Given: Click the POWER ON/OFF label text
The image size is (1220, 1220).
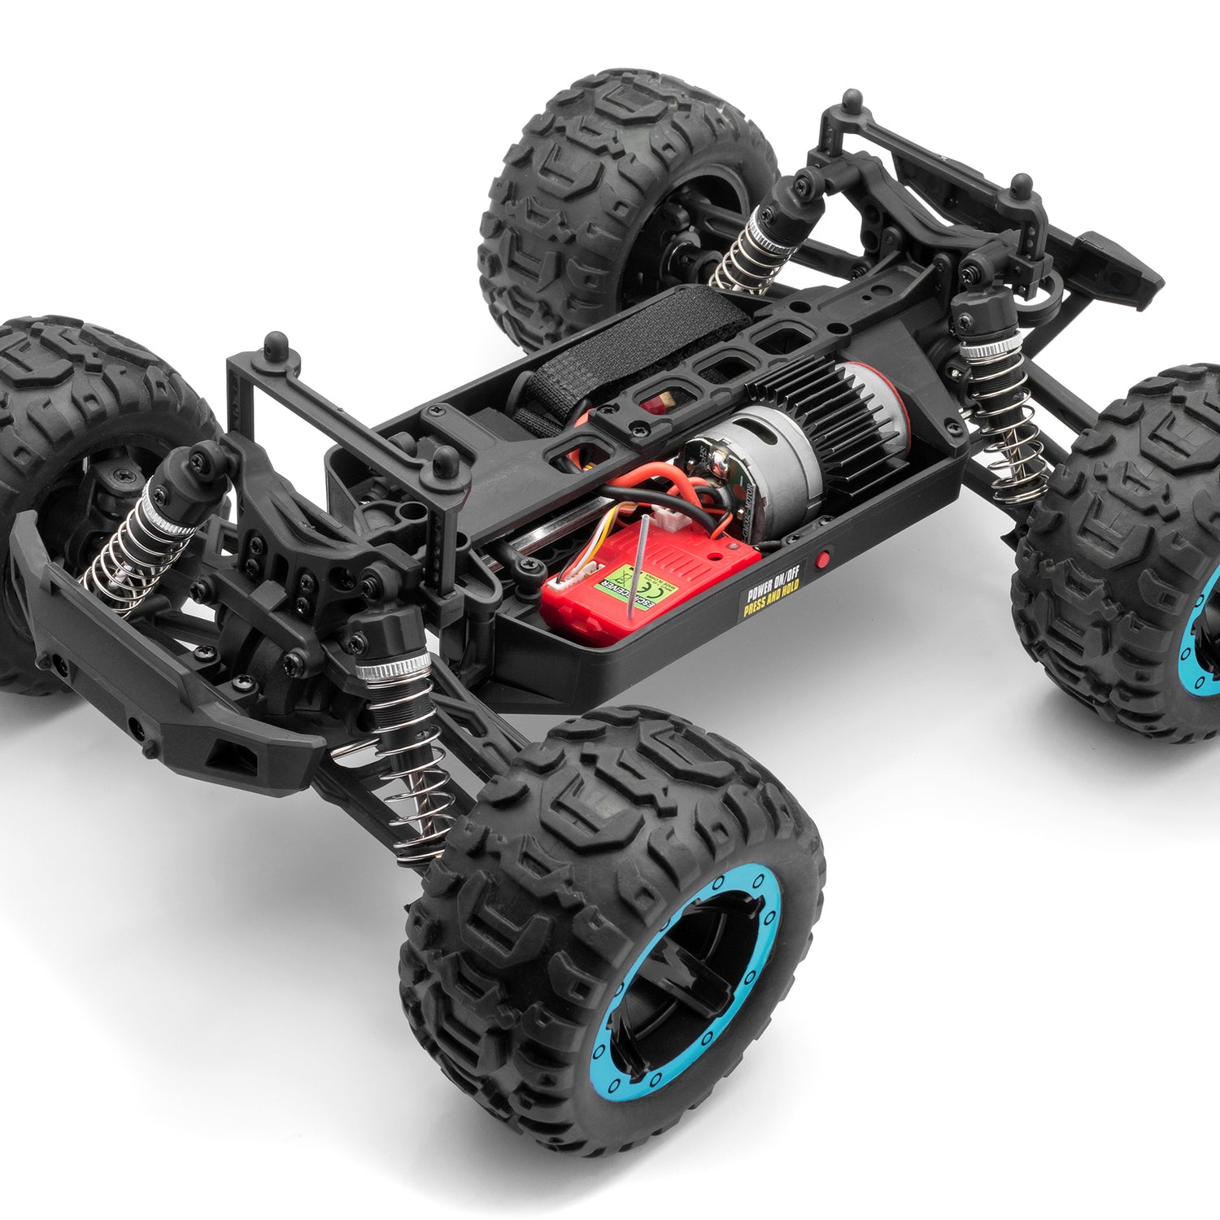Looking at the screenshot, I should [772, 590].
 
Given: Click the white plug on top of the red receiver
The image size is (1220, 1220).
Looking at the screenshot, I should [672, 521].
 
